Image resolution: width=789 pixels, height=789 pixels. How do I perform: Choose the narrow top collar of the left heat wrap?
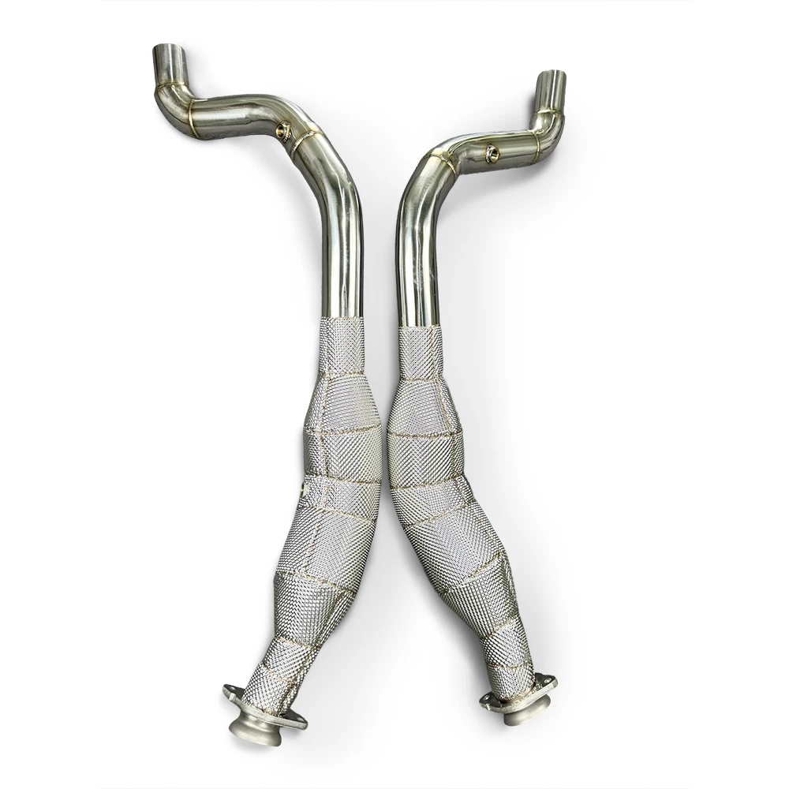point(342,339)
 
